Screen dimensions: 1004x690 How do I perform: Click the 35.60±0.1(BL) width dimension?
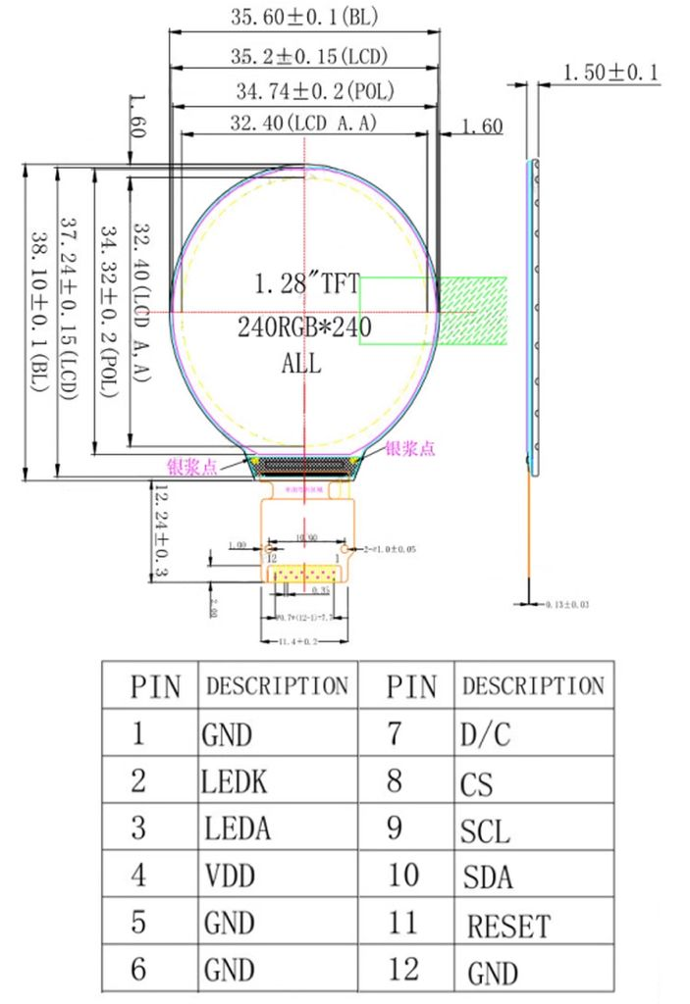(305, 18)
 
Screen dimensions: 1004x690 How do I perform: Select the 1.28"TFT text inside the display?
(305, 285)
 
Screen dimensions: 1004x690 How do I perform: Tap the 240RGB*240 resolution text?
(304, 327)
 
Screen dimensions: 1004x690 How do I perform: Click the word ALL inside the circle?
(302, 364)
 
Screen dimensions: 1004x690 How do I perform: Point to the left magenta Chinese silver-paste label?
(193, 467)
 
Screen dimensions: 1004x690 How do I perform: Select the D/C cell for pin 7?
(485, 734)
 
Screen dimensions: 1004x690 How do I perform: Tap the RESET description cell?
(507, 926)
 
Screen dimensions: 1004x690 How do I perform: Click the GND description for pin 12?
(492, 973)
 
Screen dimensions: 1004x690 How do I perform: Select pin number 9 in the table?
(395, 828)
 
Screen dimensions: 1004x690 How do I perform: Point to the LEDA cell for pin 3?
(237, 828)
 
